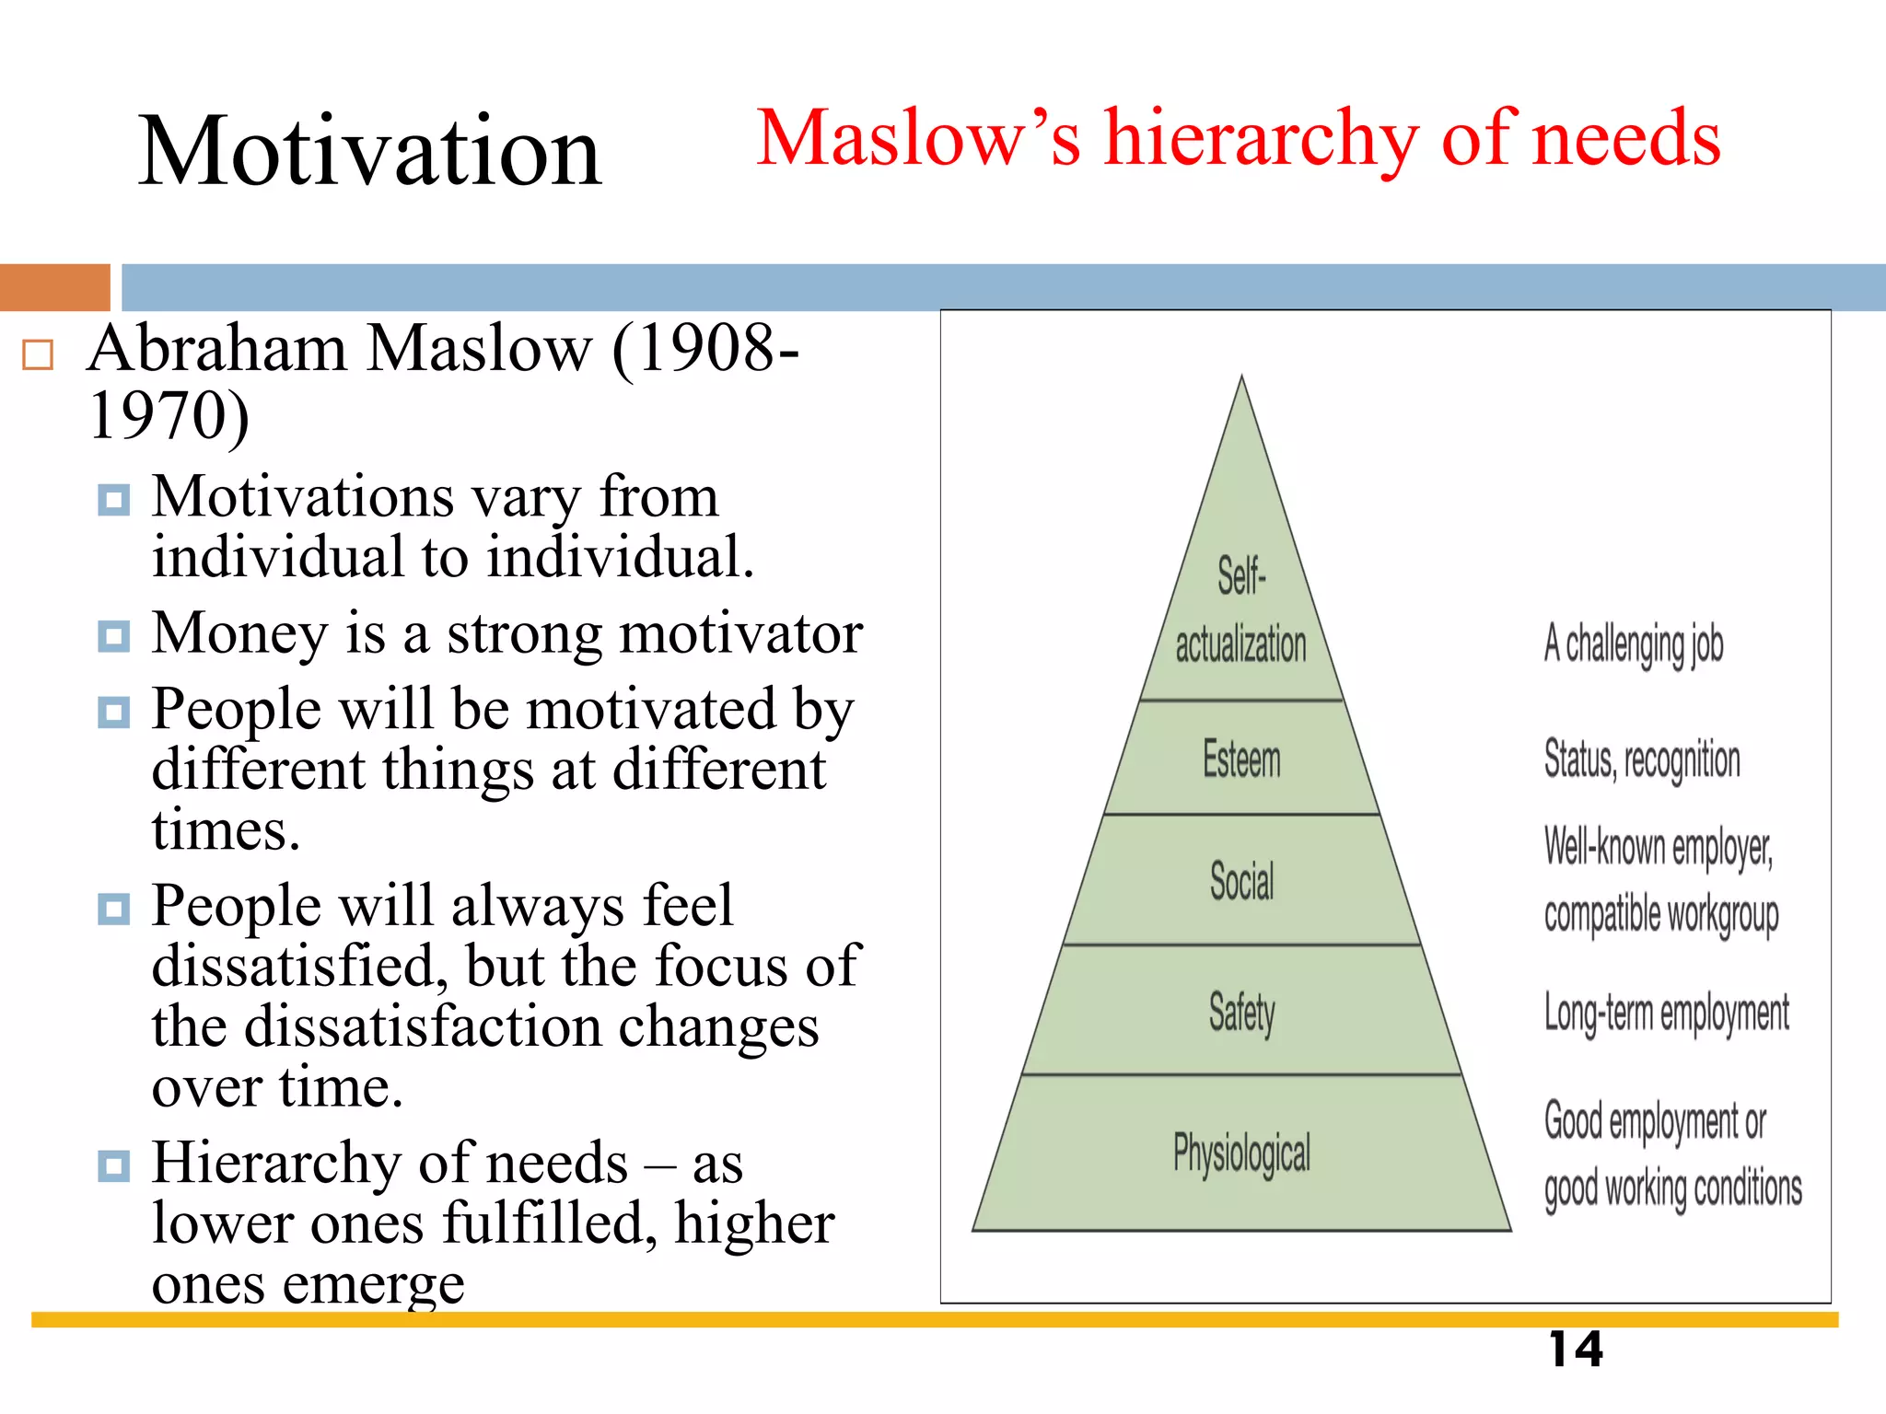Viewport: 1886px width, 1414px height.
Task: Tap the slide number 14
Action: pos(1576,1350)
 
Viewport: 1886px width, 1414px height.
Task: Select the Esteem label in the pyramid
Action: pos(1241,760)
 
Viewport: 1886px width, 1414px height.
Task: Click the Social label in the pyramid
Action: pos(1241,881)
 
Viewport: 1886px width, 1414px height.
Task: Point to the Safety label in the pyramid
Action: pos(1241,1013)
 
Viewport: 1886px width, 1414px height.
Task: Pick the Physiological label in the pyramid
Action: pos(1241,1153)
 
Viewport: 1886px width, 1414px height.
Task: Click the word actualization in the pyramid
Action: pos(1240,643)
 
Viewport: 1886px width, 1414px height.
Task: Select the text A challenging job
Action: pos(1634,644)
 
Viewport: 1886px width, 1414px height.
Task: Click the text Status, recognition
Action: pos(1642,760)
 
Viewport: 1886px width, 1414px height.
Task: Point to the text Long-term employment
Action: pos(1666,1013)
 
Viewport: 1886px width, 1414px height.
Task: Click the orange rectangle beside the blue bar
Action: pos(54,287)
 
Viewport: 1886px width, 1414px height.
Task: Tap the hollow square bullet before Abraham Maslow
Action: pos(38,354)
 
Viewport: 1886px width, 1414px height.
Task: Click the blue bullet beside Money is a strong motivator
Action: pos(113,635)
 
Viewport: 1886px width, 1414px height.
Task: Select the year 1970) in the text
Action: pos(169,416)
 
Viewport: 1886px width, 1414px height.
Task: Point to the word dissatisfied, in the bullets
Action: pos(300,966)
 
